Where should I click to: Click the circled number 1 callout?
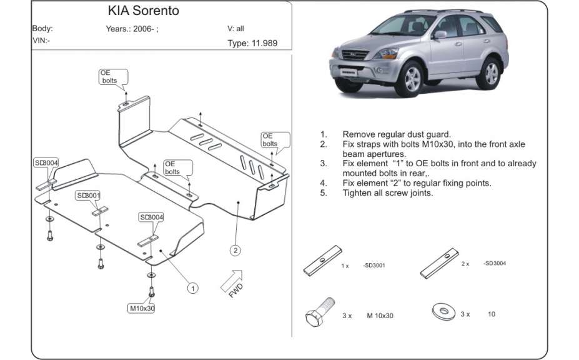194,288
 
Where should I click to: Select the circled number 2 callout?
235,251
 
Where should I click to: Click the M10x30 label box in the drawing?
142,308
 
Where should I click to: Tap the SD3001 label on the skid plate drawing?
88,196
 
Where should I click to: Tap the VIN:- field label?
41,40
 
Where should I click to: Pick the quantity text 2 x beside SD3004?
465,264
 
